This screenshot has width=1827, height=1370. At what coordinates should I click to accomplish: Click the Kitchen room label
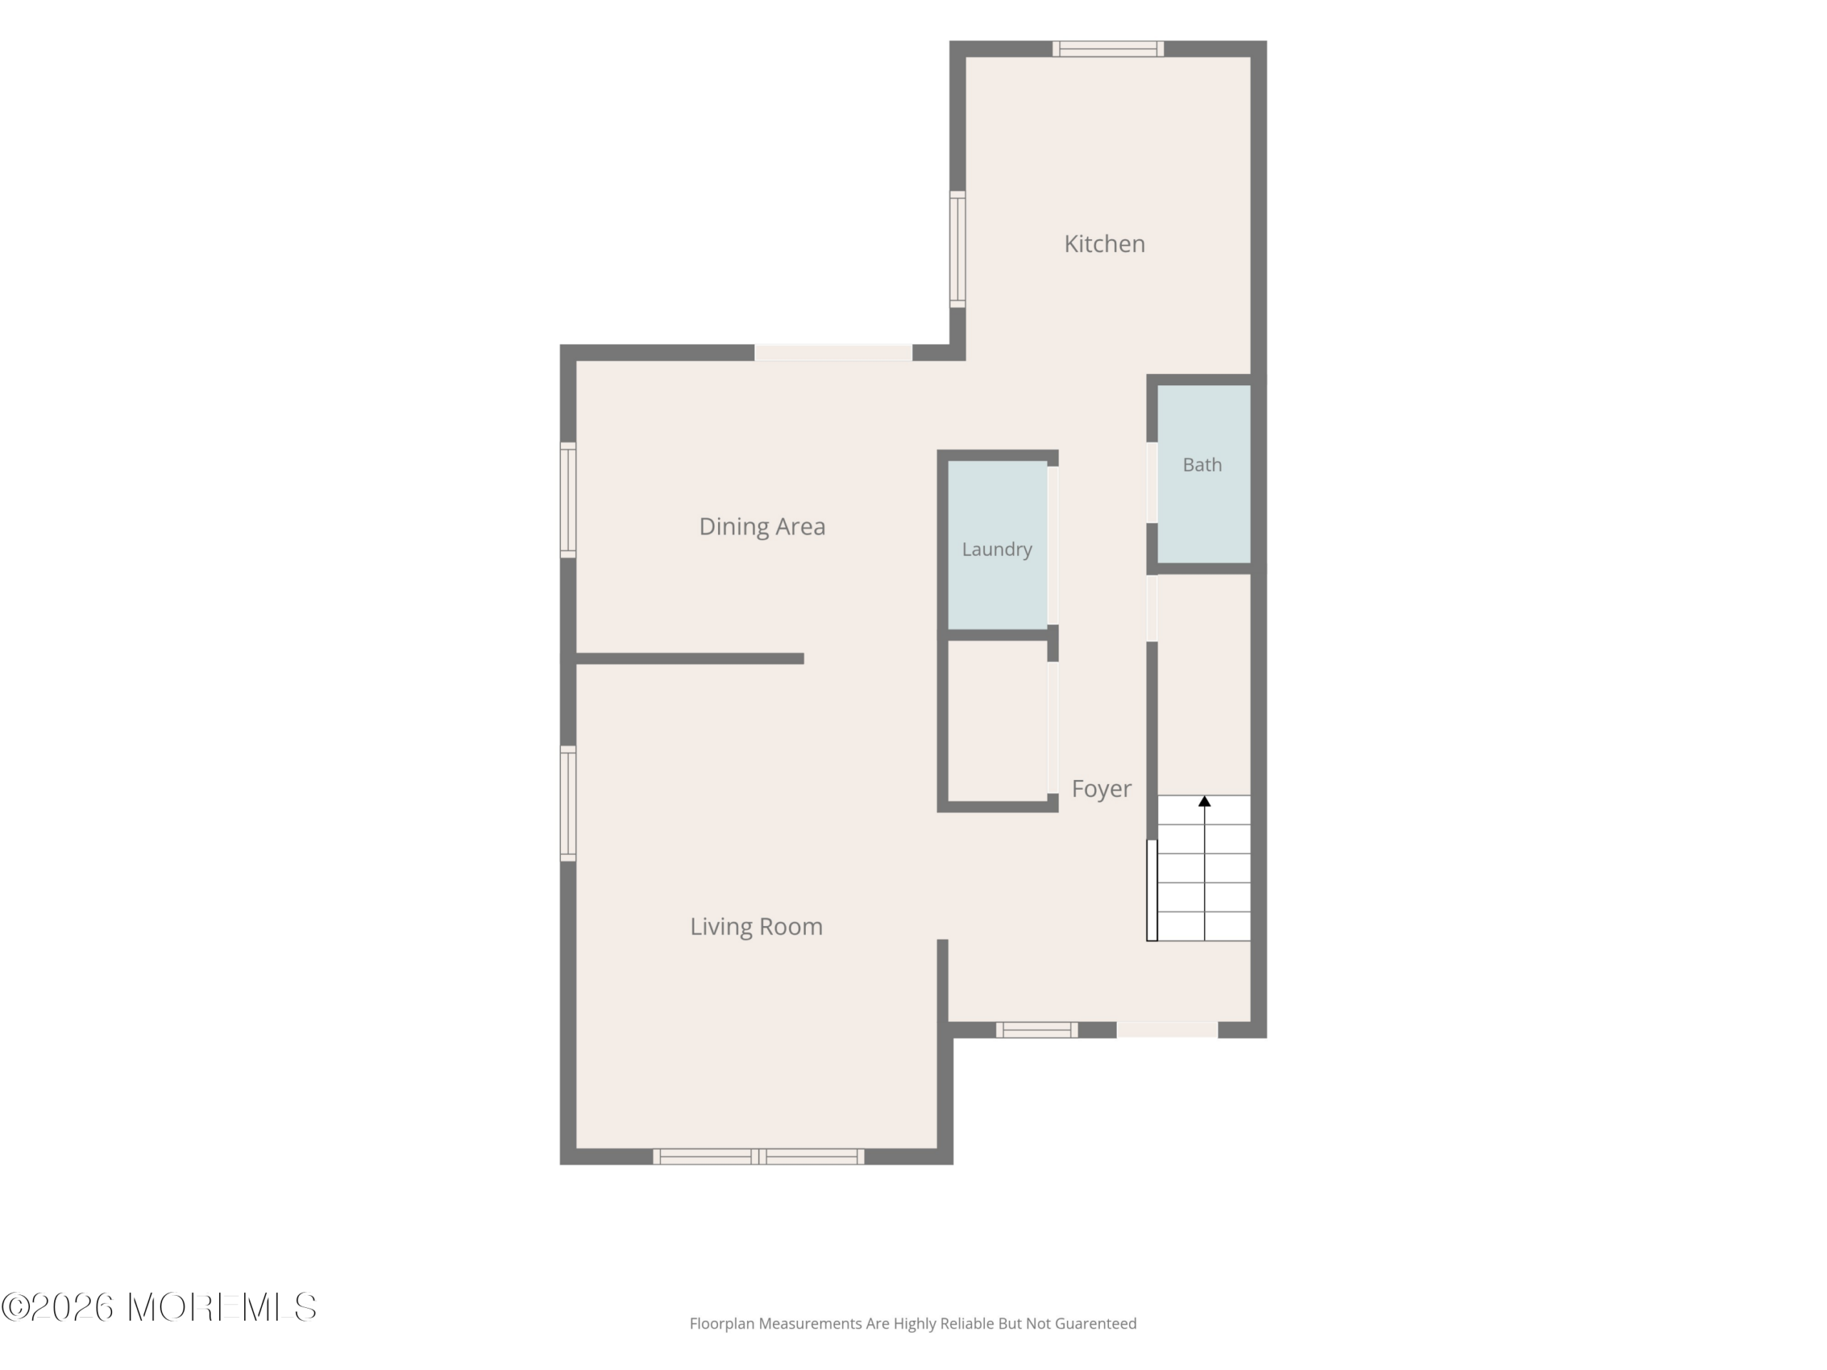coord(1104,243)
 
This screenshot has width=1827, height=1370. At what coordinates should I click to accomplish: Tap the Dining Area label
coord(761,527)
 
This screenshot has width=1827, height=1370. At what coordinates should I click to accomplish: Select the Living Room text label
coord(756,927)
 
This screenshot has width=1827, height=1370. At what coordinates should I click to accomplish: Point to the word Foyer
coord(1101,789)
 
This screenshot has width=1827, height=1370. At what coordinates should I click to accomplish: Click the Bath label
coord(1202,465)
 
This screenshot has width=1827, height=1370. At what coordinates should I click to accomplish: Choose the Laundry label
coord(997,549)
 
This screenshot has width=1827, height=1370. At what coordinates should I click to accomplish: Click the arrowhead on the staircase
coord(1204,801)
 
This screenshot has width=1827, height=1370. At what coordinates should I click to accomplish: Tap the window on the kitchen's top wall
coord(1108,49)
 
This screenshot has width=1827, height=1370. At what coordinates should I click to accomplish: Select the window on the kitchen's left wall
coord(957,248)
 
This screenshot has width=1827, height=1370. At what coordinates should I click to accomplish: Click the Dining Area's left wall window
coord(568,499)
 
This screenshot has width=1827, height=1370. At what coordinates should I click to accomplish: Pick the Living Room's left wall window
coord(568,803)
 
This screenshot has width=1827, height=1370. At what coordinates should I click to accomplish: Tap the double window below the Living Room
coord(758,1157)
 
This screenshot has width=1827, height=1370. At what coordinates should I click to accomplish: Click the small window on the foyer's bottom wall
coord(1036,1030)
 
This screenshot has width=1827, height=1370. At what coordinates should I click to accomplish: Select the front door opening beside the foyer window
coord(1167,1030)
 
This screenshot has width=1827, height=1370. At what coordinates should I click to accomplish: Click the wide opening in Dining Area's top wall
coord(834,352)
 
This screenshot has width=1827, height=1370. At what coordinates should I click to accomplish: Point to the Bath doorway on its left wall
coord(1151,482)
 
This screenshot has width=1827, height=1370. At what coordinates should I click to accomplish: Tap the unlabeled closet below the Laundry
coord(997,721)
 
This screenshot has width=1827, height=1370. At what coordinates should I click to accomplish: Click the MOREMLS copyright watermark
coord(158,1307)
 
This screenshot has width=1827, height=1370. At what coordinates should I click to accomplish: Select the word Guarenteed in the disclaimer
coord(1095,1324)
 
